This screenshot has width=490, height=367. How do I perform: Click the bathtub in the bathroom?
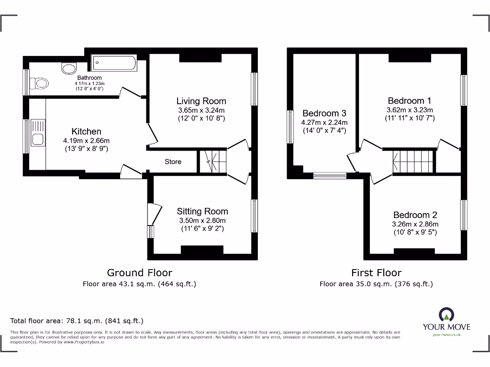[114, 61]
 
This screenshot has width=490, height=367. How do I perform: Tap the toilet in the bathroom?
[41, 84]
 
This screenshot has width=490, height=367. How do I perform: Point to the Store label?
[173, 162]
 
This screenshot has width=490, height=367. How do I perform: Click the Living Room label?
[201, 101]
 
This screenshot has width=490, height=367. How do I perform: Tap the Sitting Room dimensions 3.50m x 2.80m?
[202, 220]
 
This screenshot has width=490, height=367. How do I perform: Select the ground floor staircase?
[212, 161]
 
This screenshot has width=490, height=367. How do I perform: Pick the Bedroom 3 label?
[324, 113]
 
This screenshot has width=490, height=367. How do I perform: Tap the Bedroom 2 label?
[415, 215]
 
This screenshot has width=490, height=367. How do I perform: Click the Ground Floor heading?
[139, 273]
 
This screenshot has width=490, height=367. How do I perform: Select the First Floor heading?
[376, 273]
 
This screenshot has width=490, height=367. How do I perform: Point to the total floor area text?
[77, 321]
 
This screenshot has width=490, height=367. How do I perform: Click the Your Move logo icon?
[446, 314]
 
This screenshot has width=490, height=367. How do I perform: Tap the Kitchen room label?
[86, 131]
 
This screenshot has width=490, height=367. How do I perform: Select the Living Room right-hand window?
[254, 89]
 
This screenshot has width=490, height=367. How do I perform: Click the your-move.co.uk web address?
[446, 335]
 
